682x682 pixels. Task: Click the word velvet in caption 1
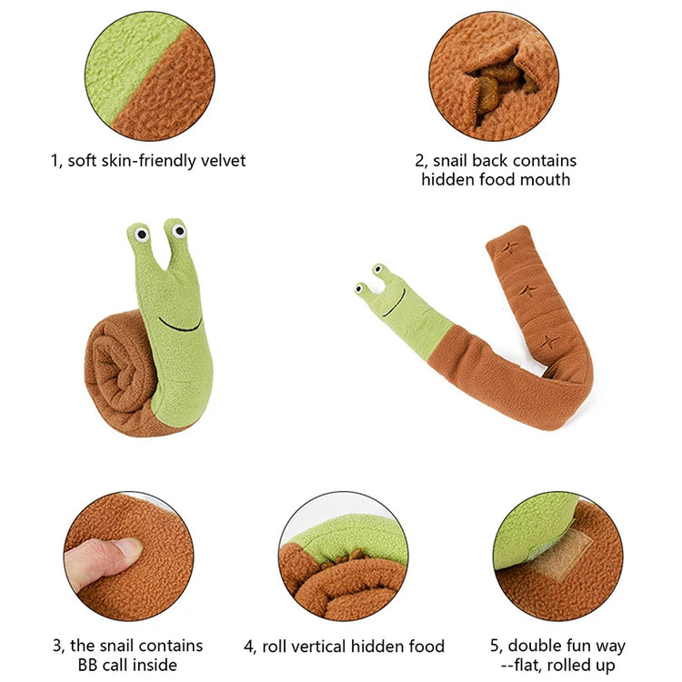222,161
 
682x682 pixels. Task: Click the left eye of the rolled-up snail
142,235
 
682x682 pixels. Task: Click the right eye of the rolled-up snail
179,232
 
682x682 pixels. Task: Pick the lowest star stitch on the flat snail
547,342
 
